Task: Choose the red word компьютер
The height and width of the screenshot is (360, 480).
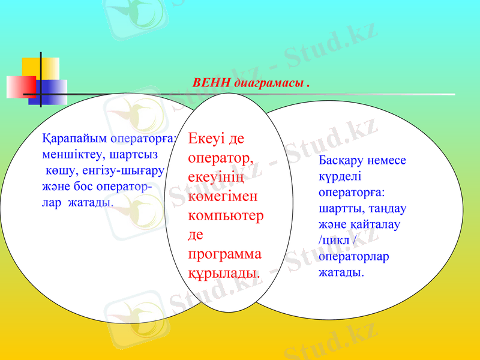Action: click(x=226, y=215)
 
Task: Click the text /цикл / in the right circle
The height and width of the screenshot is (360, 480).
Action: click(x=338, y=241)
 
